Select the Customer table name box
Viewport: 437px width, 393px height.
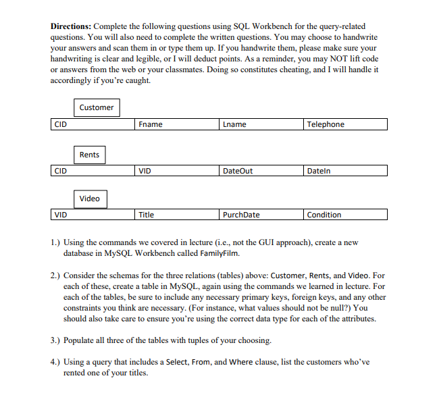97,107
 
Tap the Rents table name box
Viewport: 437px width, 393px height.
89,155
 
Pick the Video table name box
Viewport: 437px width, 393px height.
89,199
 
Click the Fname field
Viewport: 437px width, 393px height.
177,124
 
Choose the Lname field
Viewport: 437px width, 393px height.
261,124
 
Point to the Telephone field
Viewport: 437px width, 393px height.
345,124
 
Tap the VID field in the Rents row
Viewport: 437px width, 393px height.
177,171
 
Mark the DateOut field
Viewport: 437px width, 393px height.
261,171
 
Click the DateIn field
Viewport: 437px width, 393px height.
345,171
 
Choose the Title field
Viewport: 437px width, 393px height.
177,215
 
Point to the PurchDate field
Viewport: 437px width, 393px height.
261,215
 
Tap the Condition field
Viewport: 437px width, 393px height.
345,215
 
